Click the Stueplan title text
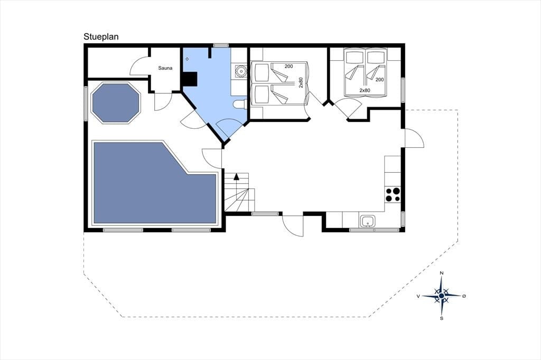pyautogui.click(x=101, y=37)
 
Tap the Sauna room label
pyautogui.click(x=165, y=68)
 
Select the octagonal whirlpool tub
pyautogui.click(x=116, y=102)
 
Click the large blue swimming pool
pyautogui.click(x=155, y=183)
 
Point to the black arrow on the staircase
pyautogui.click(x=236, y=177)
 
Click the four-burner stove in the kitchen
pyautogui.click(x=393, y=194)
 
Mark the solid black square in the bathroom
pyautogui.click(x=190, y=79)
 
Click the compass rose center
pyautogui.click(x=441, y=296)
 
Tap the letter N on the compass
pyautogui.click(x=441, y=273)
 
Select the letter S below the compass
pyautogui.click(x=441, y=318)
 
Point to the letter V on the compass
pyautogui.click(x=418, y=296)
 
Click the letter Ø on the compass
pyautogui.click(x=464, y=296)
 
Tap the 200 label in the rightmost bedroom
pyautogui.click(x=379, y=80)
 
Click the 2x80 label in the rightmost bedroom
pyautogui.click(x=365, y=90)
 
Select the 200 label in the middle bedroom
pyautogui.click(x=289, y=66)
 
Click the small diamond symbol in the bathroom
pyautogui.click(x=188, y=59)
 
